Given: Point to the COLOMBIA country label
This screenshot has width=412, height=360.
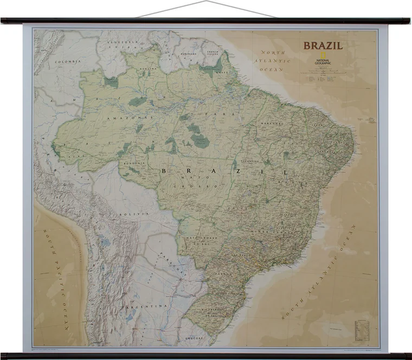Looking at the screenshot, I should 67,62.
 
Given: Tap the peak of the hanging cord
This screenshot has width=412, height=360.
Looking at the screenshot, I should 205,2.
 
